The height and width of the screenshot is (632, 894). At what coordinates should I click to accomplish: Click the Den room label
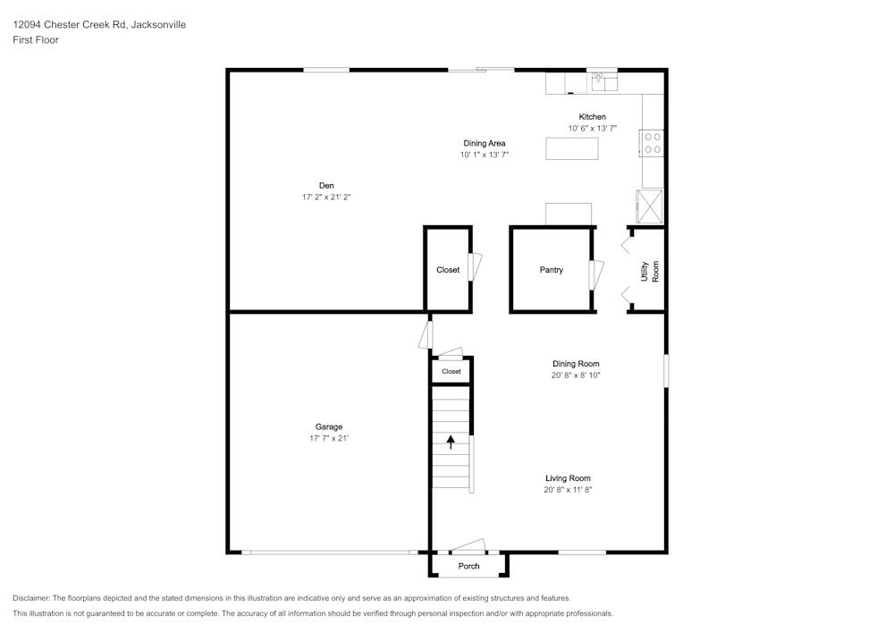326,186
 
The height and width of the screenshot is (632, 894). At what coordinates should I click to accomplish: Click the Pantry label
552,270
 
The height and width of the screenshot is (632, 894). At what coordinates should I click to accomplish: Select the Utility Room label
649,271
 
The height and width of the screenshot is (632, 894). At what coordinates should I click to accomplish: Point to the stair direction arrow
451,441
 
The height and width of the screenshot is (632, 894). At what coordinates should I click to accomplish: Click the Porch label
468,566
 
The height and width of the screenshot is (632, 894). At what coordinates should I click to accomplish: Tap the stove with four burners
652,143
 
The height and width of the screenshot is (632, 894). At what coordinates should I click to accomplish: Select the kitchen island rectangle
571,148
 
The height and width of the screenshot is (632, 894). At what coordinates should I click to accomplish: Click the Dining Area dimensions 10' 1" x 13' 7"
485,155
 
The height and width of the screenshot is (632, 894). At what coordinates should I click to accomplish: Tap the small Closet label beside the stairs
451,371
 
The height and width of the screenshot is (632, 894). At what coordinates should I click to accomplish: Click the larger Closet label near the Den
448,270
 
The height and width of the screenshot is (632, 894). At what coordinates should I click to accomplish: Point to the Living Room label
568,478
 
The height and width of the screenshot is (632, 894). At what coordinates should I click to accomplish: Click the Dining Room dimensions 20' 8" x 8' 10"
575,375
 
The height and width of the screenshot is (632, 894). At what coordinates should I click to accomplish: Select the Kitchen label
592,117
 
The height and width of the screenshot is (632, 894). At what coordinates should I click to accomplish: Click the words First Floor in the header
36,40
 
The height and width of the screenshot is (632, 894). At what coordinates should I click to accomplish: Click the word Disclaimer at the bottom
32,598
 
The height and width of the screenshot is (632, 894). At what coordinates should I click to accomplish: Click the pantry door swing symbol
596,274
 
